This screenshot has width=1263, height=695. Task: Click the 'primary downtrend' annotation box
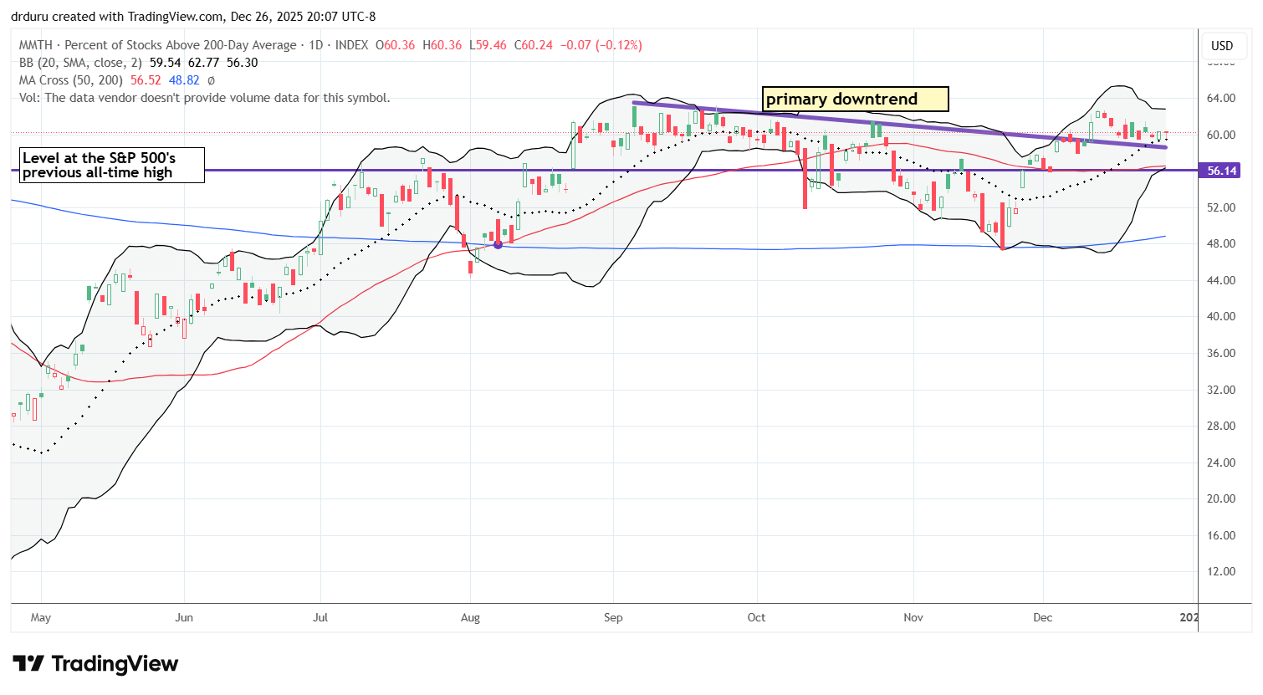point(856,100)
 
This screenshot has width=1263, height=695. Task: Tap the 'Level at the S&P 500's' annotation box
point(108,166)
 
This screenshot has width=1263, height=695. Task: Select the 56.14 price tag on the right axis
point(1222,171)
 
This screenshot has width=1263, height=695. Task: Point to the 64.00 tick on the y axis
point(1222,98)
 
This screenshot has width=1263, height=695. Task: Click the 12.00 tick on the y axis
point(1222,572)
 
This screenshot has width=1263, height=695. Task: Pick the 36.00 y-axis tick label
point(1222,353)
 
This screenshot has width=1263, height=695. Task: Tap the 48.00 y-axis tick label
point(1222,243)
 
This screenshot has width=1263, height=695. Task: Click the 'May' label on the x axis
point(40,618)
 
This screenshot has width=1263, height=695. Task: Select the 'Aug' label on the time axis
point(470,618)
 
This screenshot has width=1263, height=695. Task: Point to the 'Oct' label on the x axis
point(756,618)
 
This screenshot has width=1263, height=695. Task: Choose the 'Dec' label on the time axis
point(1042,618)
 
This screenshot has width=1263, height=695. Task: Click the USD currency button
point(1222,46)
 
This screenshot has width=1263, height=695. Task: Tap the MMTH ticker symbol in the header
point(37,45)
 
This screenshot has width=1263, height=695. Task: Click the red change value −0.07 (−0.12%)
point(600,45)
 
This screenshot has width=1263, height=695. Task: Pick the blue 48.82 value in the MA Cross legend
point(184,80)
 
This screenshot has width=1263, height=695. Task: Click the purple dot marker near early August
point(499,244)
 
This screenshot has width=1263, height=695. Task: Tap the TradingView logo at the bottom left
point(95,664)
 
